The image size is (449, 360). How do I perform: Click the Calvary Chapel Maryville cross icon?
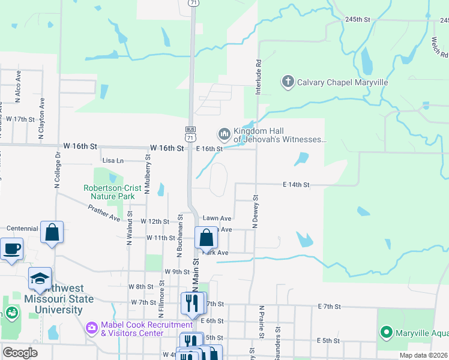point(288,82)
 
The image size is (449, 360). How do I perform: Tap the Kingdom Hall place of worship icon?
point(224,133)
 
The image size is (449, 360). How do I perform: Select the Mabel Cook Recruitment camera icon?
point(92,328)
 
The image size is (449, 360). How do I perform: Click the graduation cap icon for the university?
point(40,278)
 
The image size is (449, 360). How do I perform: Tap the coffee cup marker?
point(11,248)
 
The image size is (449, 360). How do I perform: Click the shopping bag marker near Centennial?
point(52,231)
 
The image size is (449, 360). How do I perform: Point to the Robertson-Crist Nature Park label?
point(112,192)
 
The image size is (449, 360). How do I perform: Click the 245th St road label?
point(358,19)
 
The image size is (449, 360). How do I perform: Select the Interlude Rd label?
point(259,77)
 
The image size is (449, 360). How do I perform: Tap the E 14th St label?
point(296,185)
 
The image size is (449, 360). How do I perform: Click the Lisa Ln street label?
point(113,161)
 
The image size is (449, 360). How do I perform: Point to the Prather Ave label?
point(104,213)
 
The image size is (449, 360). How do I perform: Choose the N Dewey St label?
point(255,211)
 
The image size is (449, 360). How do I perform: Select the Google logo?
point(20,353)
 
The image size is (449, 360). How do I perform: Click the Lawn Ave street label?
point(217,218)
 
